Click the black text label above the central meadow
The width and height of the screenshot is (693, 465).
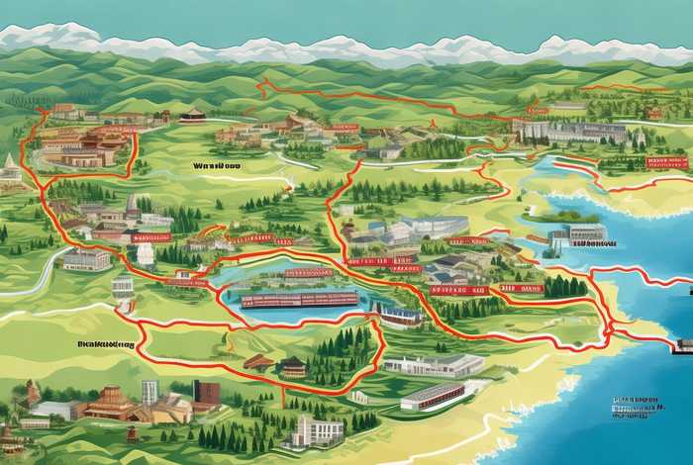(x=217, y=167)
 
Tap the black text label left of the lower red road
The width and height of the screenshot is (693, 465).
(x=104, y=344)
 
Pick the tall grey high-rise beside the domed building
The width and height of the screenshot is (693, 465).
(x=149, y=393)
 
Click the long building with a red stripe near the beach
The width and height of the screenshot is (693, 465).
(x=434, y=396)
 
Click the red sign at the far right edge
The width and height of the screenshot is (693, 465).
(x=665, y=161)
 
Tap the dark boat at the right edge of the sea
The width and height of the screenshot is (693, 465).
(x=683, y=345)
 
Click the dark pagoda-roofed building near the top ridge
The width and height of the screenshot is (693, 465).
(x=193, y=115)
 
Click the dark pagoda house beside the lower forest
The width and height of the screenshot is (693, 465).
(x=293, y=366)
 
